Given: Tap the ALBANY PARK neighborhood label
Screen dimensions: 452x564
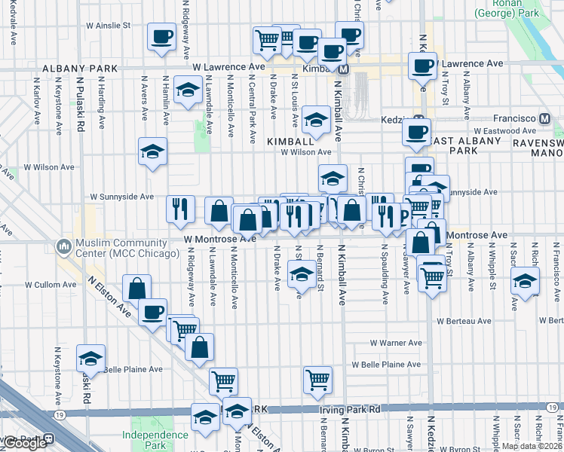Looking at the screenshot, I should [x=80, y=69].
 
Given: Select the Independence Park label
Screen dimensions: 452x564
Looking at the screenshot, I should [x=155, y=440].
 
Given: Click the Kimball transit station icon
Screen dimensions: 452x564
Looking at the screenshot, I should [x=343, y=69].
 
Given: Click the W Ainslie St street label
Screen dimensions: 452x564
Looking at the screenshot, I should [x=107, y=26].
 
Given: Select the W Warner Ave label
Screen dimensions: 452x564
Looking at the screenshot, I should [x=395, y=342].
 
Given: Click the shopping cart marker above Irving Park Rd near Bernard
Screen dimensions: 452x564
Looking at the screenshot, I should [x=318, y=380].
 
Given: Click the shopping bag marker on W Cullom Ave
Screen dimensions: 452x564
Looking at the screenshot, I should [x=137, y=288].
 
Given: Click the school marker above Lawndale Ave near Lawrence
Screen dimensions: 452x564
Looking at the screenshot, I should [x=186, y=90].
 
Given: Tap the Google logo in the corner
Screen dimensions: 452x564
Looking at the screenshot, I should [x=25, y=443].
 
